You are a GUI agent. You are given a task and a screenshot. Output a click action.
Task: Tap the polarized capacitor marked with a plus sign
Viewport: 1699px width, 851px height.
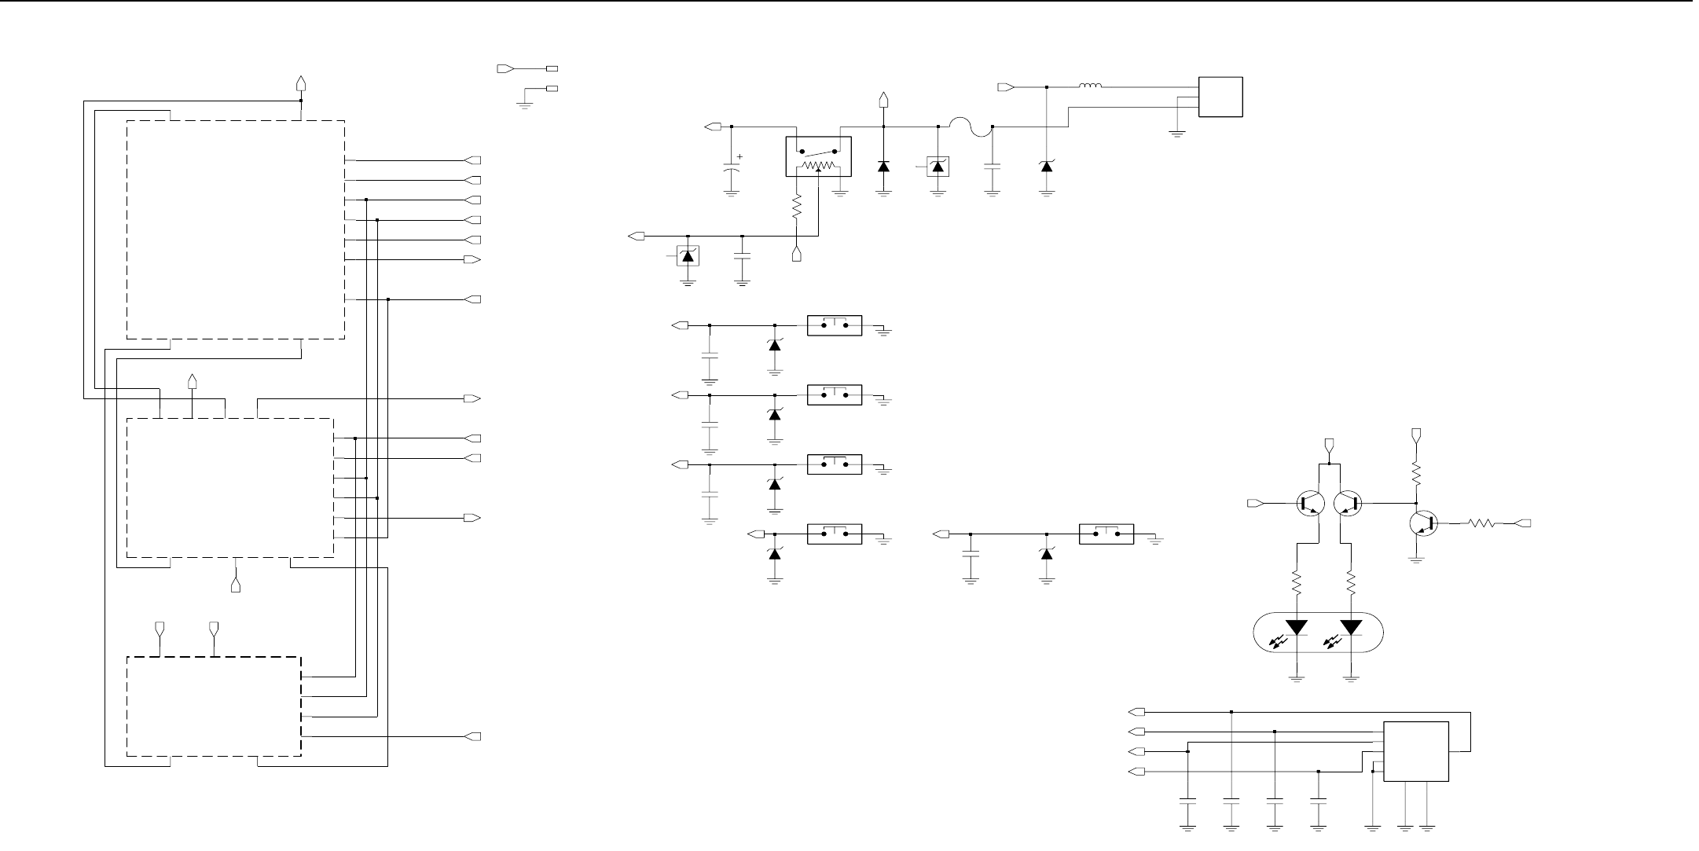(732, 168)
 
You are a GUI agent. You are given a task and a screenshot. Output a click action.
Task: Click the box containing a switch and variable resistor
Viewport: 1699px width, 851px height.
(819, 156)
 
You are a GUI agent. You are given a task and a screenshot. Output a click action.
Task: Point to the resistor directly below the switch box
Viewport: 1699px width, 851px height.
(797, 208)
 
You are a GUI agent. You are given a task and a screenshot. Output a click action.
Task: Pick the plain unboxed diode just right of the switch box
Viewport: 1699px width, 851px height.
(884, 166)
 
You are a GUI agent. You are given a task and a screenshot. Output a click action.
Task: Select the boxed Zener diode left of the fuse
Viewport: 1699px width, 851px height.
(938, 166)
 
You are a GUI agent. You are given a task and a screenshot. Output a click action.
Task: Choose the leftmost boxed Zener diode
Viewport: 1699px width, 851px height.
(688, 255)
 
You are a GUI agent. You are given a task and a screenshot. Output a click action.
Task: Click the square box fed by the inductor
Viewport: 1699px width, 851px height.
(1220, 97)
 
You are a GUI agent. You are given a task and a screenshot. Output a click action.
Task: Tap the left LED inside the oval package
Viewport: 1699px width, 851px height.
(1297, 627)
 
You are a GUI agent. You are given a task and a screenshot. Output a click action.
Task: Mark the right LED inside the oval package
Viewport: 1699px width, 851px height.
(1352, 627)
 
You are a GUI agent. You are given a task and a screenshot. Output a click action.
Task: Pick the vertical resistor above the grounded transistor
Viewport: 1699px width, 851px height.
(1416, 474)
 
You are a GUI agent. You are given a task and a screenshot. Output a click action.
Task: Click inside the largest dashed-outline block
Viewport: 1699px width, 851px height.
(236, 229)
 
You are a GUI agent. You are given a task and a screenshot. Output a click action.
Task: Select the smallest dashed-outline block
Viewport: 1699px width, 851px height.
(214, 706)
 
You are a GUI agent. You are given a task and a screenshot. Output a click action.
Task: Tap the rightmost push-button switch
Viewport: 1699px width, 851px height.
(1106, 534)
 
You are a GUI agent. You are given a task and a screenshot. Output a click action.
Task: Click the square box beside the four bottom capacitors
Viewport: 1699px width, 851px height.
(1415, 751)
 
